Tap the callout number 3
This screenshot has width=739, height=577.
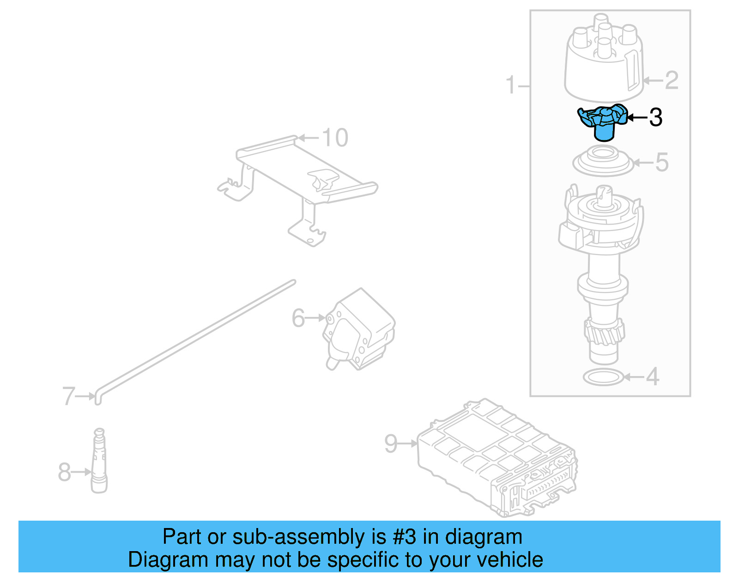[656, 117]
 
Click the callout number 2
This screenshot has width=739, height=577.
[672, 80]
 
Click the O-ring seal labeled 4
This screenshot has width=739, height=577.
[603, 377]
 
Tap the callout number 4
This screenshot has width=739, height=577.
[652, 377]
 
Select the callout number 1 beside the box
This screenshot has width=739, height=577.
[510, 85]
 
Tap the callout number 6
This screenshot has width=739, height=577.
[298, 318]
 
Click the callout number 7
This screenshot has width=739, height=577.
[68, 396]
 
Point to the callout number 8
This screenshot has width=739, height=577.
[64, 472]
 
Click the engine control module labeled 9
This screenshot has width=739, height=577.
[497, 457]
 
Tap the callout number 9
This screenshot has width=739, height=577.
[391, 444]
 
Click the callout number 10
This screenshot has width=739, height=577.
[335, 138]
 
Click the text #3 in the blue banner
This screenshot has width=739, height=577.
[404, 537]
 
